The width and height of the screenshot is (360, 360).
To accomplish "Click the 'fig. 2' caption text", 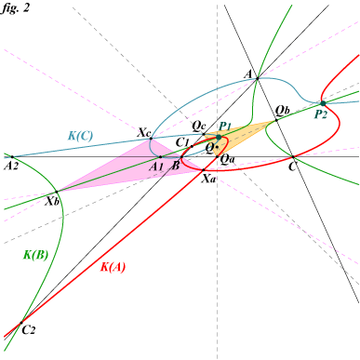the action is point(16,7).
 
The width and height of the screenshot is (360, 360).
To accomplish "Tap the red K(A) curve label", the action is point(113,267).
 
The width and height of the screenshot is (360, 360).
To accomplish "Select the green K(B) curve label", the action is point(36,255).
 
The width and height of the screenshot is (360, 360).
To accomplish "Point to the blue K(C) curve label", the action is point(81,136).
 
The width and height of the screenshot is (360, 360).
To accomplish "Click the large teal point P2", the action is point(323,103).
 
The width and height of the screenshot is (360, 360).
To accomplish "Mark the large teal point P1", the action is point(219,137).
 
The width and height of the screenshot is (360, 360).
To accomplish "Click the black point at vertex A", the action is point(257,79).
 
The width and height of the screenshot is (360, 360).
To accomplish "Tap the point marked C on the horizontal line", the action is point(293,157).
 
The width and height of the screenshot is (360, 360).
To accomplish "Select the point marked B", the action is point(181,157).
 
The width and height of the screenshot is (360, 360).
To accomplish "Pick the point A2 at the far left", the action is point(12,157).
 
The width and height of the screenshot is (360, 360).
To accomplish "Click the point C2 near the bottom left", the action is point(21,323).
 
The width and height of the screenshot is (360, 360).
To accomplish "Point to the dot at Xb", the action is point(57,192).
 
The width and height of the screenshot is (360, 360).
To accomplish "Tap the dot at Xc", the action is point(151,139).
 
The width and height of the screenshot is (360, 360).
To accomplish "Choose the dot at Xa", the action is point(204,170).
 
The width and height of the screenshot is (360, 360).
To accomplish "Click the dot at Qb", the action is point(276,120).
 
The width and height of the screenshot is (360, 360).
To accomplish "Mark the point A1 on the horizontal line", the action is point(160,157).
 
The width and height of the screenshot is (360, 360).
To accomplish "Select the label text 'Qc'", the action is point(199,127).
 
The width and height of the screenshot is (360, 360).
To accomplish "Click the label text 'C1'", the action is point(182,142).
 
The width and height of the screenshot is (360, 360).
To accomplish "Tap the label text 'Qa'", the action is point(227,159).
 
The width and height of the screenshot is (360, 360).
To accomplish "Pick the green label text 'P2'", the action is point(321,114).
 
